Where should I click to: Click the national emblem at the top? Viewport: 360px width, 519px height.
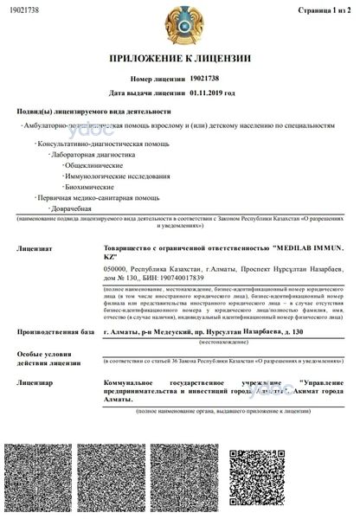(x=180, y=22)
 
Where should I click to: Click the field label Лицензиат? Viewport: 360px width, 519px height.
(x=34, y=248)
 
